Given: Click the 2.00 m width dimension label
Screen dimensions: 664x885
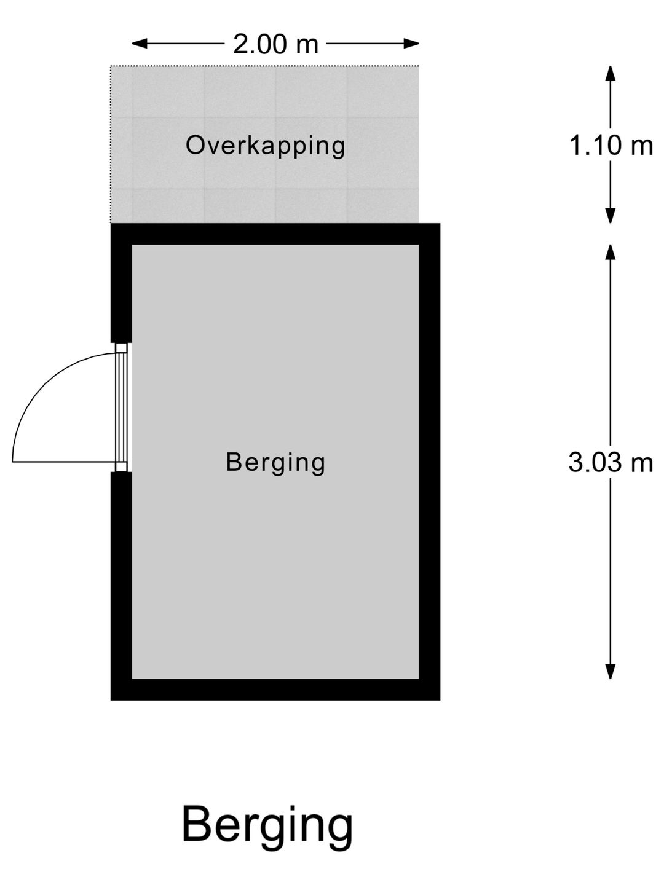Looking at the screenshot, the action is point(275,44).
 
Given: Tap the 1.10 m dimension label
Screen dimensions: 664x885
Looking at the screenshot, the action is point(611,145).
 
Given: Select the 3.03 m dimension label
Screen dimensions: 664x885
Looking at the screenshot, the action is point(611,462).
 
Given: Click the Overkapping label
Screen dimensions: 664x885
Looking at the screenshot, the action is point(265,146).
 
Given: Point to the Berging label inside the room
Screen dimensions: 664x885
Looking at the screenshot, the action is point(275,463).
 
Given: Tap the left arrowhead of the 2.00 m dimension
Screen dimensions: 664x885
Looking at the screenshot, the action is point(140,44).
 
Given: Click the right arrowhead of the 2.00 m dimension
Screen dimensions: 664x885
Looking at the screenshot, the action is point(411,44).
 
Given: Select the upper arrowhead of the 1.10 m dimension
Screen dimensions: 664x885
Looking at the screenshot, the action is point(611,73).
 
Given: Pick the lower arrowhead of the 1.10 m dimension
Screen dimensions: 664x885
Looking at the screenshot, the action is point(611,215).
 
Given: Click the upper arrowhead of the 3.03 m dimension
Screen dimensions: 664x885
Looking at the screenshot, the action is point(611,252).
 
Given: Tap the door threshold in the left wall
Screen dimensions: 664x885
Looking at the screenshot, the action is point(121,407).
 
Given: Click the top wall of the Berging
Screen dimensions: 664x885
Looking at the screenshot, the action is point(275,234).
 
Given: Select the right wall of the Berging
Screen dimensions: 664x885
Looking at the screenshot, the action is point(430,462).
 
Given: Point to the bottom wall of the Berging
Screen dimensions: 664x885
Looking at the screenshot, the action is point(275,690).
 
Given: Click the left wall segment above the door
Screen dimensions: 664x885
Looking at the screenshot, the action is point(121,283).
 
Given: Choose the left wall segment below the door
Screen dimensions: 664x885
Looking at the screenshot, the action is point(121,586).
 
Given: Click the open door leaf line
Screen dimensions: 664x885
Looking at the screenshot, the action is point(65,462).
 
